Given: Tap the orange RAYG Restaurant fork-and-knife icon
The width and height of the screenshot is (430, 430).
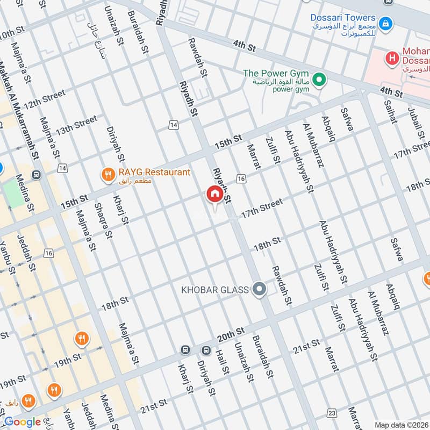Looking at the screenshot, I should click(x=108, y=174).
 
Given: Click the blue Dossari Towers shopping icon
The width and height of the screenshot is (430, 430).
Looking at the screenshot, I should click(x=384, y=24).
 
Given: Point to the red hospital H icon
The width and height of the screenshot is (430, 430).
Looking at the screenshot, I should click(x=393, y=56).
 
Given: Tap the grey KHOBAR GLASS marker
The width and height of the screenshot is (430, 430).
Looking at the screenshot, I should click(x=260, y=290).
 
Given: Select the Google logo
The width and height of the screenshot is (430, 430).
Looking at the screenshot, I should click(x=22, y=422).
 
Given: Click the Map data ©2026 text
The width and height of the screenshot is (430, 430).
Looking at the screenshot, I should click(x=400, y=425).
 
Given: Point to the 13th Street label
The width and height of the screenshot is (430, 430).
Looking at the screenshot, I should click(x=76, y=125).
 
